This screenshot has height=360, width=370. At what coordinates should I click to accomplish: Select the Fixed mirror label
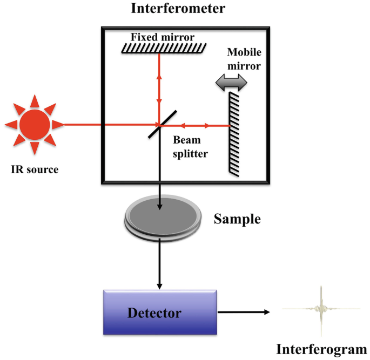tap(162, 37)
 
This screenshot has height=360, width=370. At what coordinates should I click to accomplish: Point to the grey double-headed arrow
tap(231, 82)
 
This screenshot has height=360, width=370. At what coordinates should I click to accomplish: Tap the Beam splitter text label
tap(190, 146)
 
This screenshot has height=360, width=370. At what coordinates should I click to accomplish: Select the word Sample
tap(237, 219)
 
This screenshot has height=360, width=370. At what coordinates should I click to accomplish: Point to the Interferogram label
tap(321, 349)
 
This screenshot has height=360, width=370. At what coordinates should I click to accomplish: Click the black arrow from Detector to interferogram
tap(243, 312)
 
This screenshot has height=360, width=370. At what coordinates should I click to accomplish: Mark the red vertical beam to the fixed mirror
tap(159, 86)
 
